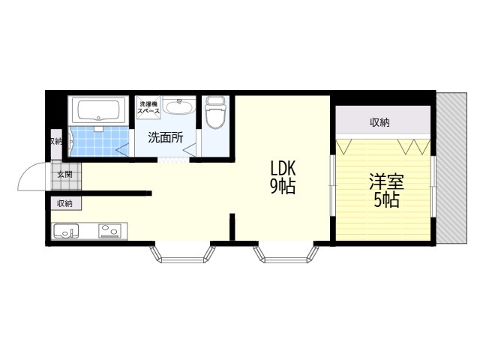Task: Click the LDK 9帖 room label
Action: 283,177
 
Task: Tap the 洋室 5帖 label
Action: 383,190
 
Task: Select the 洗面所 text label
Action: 165,137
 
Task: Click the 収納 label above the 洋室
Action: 379,122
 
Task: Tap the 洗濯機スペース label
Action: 148,106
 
